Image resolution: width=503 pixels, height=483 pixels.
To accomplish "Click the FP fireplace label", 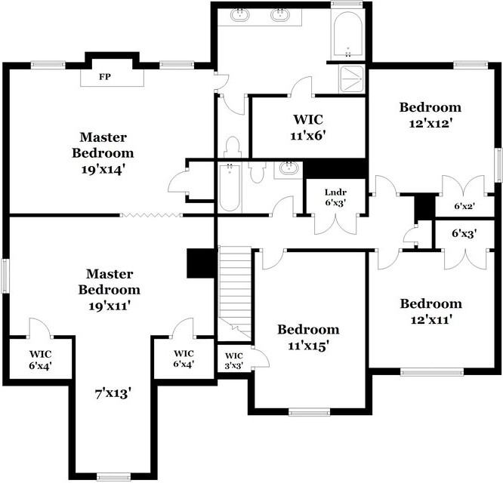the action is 105,77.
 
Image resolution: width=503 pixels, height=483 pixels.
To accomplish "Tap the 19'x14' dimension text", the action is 103,170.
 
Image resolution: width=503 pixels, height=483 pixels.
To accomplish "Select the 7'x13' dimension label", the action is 113,393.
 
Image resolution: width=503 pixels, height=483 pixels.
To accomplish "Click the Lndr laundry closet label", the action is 335,192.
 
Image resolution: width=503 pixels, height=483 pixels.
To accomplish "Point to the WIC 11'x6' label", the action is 308,128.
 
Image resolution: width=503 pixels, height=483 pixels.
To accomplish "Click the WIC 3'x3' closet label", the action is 234,361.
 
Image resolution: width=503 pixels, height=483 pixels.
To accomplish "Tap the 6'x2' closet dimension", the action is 464,206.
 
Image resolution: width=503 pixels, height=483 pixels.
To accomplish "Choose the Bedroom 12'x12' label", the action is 430,115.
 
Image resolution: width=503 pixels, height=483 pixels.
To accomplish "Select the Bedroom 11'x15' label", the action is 308,337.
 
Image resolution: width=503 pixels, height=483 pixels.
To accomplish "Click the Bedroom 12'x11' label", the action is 430,311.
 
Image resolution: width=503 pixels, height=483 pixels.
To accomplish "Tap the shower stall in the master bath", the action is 352,78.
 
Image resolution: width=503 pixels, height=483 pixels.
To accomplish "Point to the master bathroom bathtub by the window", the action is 348,35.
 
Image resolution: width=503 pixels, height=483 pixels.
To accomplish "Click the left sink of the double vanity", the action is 239,15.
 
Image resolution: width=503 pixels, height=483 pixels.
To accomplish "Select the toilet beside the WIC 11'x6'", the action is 232,146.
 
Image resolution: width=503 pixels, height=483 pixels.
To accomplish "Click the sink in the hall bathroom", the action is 289,168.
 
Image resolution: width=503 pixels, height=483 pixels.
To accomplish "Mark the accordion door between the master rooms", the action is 151,215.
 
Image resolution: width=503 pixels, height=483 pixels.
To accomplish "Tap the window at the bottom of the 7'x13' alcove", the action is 113,477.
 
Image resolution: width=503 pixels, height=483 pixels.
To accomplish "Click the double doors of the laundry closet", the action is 335,224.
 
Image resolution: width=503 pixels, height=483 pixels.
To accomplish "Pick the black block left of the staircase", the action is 200,263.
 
